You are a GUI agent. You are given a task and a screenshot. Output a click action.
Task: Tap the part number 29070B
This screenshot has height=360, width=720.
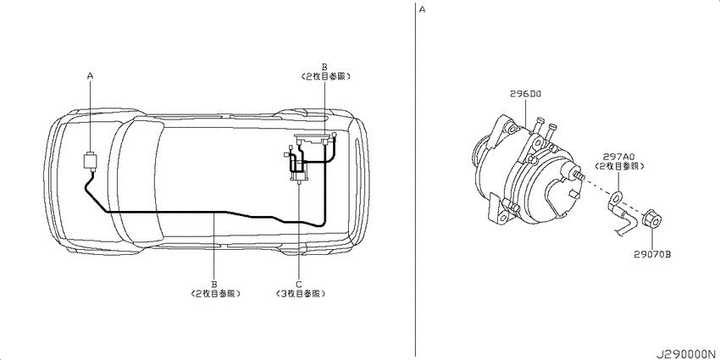click(x=651, y=253)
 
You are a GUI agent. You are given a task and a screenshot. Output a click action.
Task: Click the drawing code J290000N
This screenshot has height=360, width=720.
click(x=684, y=350)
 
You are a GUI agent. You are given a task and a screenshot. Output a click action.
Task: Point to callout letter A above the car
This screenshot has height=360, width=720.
click(x=91, y=76)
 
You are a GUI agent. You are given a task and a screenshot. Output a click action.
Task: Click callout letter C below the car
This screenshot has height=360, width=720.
click(x=298, y=284)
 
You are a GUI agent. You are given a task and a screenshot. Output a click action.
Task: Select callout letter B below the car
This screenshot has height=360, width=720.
click(x=214, y=284)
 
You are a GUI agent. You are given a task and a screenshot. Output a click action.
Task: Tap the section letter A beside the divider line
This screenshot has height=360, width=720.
click(x=423, y=9)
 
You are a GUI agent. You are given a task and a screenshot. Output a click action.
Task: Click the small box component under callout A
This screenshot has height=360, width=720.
click(x=90, y=161)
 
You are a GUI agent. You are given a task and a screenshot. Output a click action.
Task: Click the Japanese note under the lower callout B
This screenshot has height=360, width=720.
click(x=214, y=293)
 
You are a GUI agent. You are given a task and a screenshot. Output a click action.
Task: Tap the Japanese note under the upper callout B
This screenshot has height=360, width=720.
click(x=325, y=75)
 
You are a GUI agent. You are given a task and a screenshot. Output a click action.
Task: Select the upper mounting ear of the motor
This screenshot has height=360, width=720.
click(x=512, y=128)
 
